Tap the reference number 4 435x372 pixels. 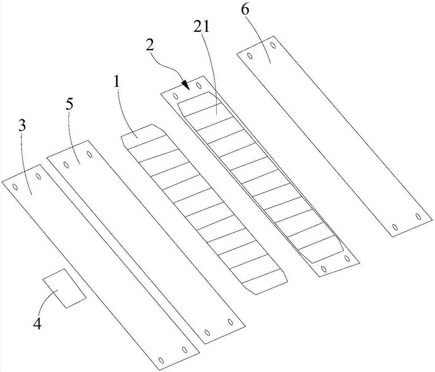[x=37, y=324]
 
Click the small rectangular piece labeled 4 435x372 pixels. [x=64, y=288]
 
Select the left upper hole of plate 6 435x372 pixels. [x=250, y=55]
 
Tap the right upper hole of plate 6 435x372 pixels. [x=273, y=45]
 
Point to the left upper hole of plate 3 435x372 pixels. [x=15, y=187]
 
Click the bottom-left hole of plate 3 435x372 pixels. [x=161, y=360]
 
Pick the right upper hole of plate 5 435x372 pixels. [x=89, y=154]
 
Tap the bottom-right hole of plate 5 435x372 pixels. [x=231, y=322]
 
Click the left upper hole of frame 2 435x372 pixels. [x=175, y=95]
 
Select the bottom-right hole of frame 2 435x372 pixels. [x=347, y=259]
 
